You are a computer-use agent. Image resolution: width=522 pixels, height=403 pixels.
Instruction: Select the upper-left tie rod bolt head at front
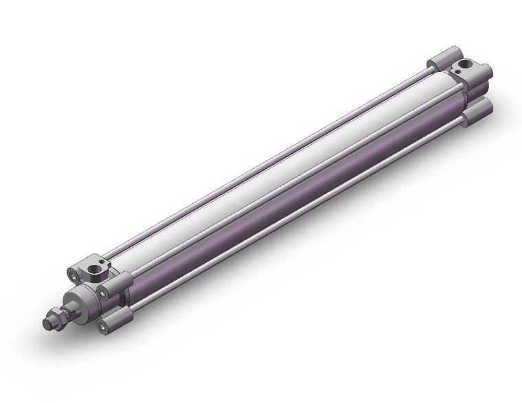[x=73, y=275]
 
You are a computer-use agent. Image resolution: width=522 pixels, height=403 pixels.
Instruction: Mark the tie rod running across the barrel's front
[x=288, y=189]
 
